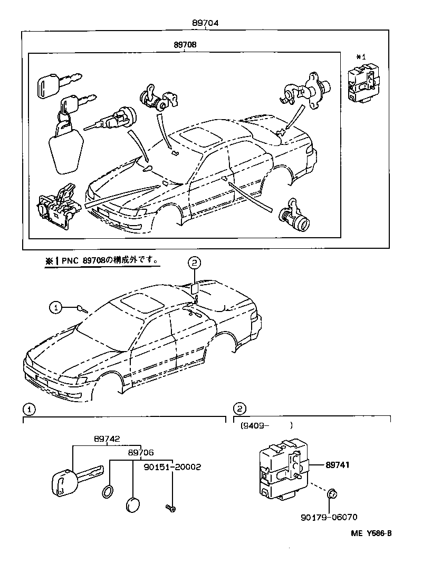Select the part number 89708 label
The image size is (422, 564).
(185, 45)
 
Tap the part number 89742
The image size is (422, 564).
(107, 439)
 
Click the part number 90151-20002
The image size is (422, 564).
(172, 467)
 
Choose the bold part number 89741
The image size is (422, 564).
(338, 465)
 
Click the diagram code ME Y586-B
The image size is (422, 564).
(371, 533)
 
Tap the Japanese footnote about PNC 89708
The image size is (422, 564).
(102, 260)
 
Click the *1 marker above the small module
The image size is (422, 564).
(361, 56)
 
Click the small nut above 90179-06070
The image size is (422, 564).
(332, 494)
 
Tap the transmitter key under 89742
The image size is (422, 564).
(74, 477)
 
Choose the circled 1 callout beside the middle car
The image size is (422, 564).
(56, 307)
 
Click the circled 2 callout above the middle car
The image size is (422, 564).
(194, 262)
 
